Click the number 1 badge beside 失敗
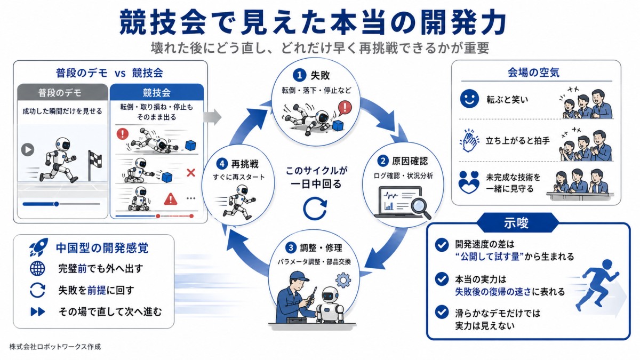[x=299, y=75]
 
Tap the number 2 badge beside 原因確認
[x=383, y=162]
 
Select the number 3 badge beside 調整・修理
[x=291, y=247]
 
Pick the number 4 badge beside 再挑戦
[x=222, y=164]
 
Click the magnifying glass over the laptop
[x=420, y=209]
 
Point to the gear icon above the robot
[x=343, y=280]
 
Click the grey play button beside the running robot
[x=28, y=150]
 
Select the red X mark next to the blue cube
[x=191, y=172]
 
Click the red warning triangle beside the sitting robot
[x=170, y=199]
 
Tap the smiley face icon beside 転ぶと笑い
[x=469, y=99]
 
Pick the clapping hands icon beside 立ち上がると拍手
[x=469, y=141]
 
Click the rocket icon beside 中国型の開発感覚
[x=38, y=247]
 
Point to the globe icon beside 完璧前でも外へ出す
[x=37, y=269]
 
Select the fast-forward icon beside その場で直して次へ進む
[x=38, y=311]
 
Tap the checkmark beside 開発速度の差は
[x=442, y=245]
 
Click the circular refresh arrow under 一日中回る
[x=314, y=209]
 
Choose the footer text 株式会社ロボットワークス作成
[x=55, y=347]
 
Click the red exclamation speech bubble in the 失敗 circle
[x=345, y=108]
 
